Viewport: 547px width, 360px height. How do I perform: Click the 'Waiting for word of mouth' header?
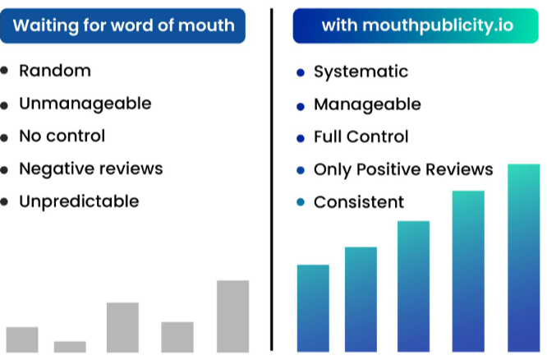pos(122,25)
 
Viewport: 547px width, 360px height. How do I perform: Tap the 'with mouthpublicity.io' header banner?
pos(416,25)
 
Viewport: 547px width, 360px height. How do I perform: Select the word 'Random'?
pos(55,71)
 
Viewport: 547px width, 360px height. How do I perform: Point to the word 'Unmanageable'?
pos(85,104)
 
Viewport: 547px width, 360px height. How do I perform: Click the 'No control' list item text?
pos(62,136)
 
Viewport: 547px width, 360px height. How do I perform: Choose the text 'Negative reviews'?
pos(91,169)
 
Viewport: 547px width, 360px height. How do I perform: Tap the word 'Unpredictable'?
pos(79,202)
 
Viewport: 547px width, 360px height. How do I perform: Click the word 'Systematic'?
pos(361,72)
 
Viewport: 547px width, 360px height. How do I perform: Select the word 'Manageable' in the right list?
pos(367,104)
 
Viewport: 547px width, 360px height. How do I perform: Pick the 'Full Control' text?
pos(361,137)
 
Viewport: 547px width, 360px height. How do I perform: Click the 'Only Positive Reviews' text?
pos(403,169)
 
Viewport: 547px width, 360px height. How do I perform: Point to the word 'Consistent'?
pos(359,202)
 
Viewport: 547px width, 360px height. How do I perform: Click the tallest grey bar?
pos(232,316)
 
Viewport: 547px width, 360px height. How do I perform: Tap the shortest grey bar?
pos(70,347)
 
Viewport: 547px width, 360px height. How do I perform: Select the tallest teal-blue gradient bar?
pos(524,258)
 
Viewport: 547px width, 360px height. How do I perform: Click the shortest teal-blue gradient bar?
pos(313,308)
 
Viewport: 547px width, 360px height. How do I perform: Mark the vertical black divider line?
pos(271,179)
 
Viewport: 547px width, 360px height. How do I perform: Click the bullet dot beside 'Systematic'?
pos(301,72)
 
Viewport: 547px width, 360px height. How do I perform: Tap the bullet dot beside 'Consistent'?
pos(301,202)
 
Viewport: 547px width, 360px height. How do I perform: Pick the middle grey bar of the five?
pos(122,327)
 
